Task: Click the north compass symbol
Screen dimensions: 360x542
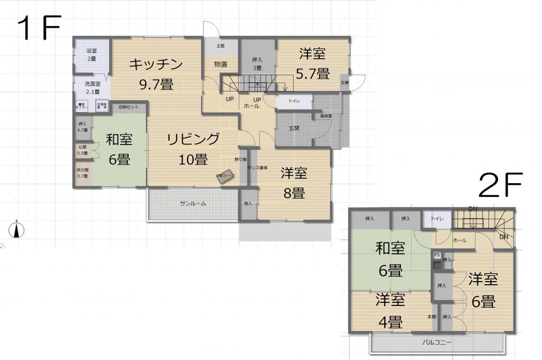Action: pyautogui.click(x=17, y=229)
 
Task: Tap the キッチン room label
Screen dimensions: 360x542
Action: pyautogui.click(x=156, y=65)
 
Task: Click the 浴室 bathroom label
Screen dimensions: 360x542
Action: pyautogui.click(x=92, y=51)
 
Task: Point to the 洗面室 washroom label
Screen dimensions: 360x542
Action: pyautogui.click(x=93, y=84)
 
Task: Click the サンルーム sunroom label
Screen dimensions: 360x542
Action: pyautogui.click(x=193, y=203)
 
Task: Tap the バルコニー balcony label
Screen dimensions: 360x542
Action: pyautogui.click(x=437, y=343)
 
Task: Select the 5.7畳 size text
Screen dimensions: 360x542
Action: pyautogui.click(x=312, y=74)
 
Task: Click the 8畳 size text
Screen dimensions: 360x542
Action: pyautogui.click(x=294, y=193)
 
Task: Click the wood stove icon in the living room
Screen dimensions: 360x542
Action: pyautogui.click(x=225, y=176)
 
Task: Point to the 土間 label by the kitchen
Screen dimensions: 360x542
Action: pyautogui.click(x=220, y=46)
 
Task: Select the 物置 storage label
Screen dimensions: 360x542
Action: pyautogui.click(x=220, y=65)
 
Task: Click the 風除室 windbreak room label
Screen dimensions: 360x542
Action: pyautogui.click(x=325, y=116)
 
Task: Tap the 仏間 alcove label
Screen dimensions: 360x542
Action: pyautogui.click(x=83, y=147)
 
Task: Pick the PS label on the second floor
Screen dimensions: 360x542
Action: pyautogui.click(x=437, y=255)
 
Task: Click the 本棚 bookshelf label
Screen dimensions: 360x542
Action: pyautogui.click(x=432, y=317)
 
